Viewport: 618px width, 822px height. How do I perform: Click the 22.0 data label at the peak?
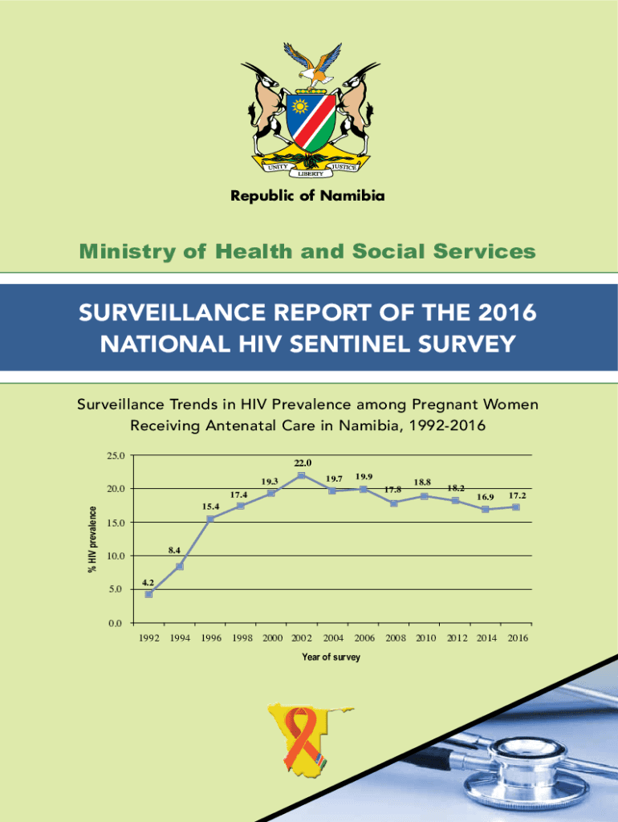pyautogui.click(x=303, y=463)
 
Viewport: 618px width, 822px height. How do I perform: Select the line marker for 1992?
pyautogui.click(x=148, y=594)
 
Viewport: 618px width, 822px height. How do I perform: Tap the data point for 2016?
pyautogui.click(x=516, y=507)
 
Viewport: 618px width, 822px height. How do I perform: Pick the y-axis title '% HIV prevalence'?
pyautogui.click(x=92, y=539)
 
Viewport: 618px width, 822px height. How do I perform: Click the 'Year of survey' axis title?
pyautogui.click(x=331, y=657)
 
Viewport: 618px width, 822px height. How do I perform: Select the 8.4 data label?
pyautogui.click(x=175, y=551)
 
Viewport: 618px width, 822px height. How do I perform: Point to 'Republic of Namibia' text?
pyautogui.click(x=308, y=196)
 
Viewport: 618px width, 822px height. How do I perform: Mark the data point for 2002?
pyautogui.click(x=301, y=475)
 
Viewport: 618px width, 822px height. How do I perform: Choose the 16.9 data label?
pyautogui.click(x=485, y=498)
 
